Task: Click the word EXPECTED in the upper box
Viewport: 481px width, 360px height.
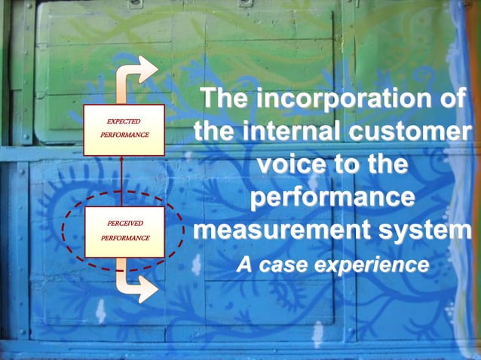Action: click(x=123, y=121)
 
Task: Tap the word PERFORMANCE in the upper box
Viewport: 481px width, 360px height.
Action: click(x=123, y=135)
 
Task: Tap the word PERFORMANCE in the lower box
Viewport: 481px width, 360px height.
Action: click(x=123, y=238)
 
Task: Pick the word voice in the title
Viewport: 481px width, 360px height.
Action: click(x=293, y=165)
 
